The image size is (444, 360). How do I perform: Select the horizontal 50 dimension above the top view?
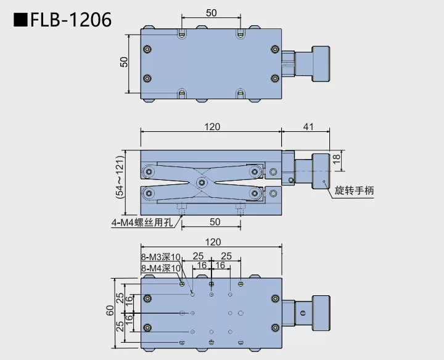click(212, 12)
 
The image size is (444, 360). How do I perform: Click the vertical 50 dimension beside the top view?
click(124, 62)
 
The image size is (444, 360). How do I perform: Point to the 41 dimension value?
click(308, 126)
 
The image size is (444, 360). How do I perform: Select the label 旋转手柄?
click(354, 191)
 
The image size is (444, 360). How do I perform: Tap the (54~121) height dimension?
click(120, 176)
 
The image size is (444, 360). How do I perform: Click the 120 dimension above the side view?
click(212, 126)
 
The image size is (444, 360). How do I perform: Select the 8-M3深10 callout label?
click(161, 257)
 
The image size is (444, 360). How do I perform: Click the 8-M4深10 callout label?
click(161, 268)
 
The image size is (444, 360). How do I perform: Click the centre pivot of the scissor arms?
click(201, 182)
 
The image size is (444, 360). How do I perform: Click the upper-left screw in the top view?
click(147, 49)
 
